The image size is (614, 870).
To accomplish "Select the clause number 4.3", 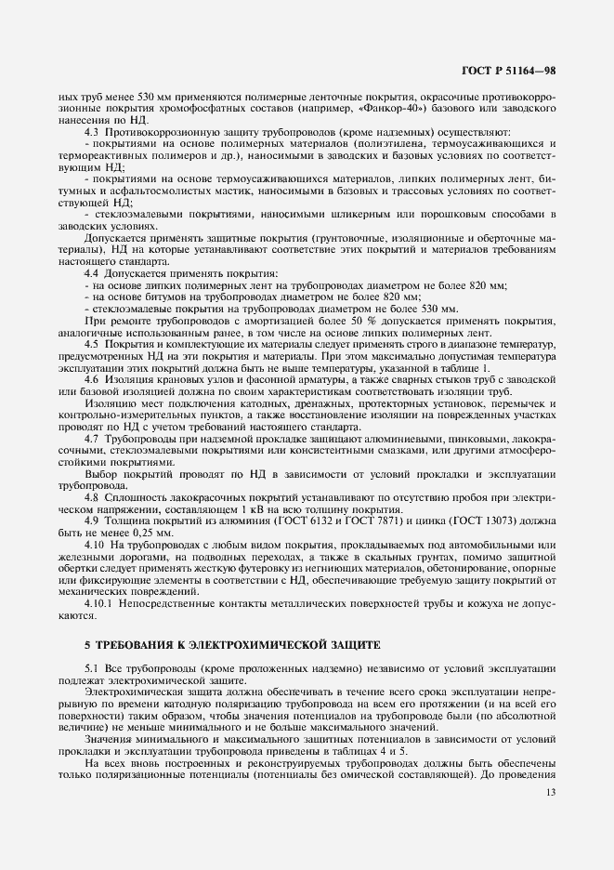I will pyautogui.click(x=92, y=131).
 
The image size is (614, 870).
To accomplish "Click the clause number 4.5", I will pyautogui.click(x=92, y=345).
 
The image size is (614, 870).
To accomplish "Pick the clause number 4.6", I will pyautogui.click(x=92, y=381).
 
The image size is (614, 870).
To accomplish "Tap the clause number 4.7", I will pyautogui.click(x=92, y=439).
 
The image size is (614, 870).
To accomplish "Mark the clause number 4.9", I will pyautogui.click(x=92, y=521).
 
